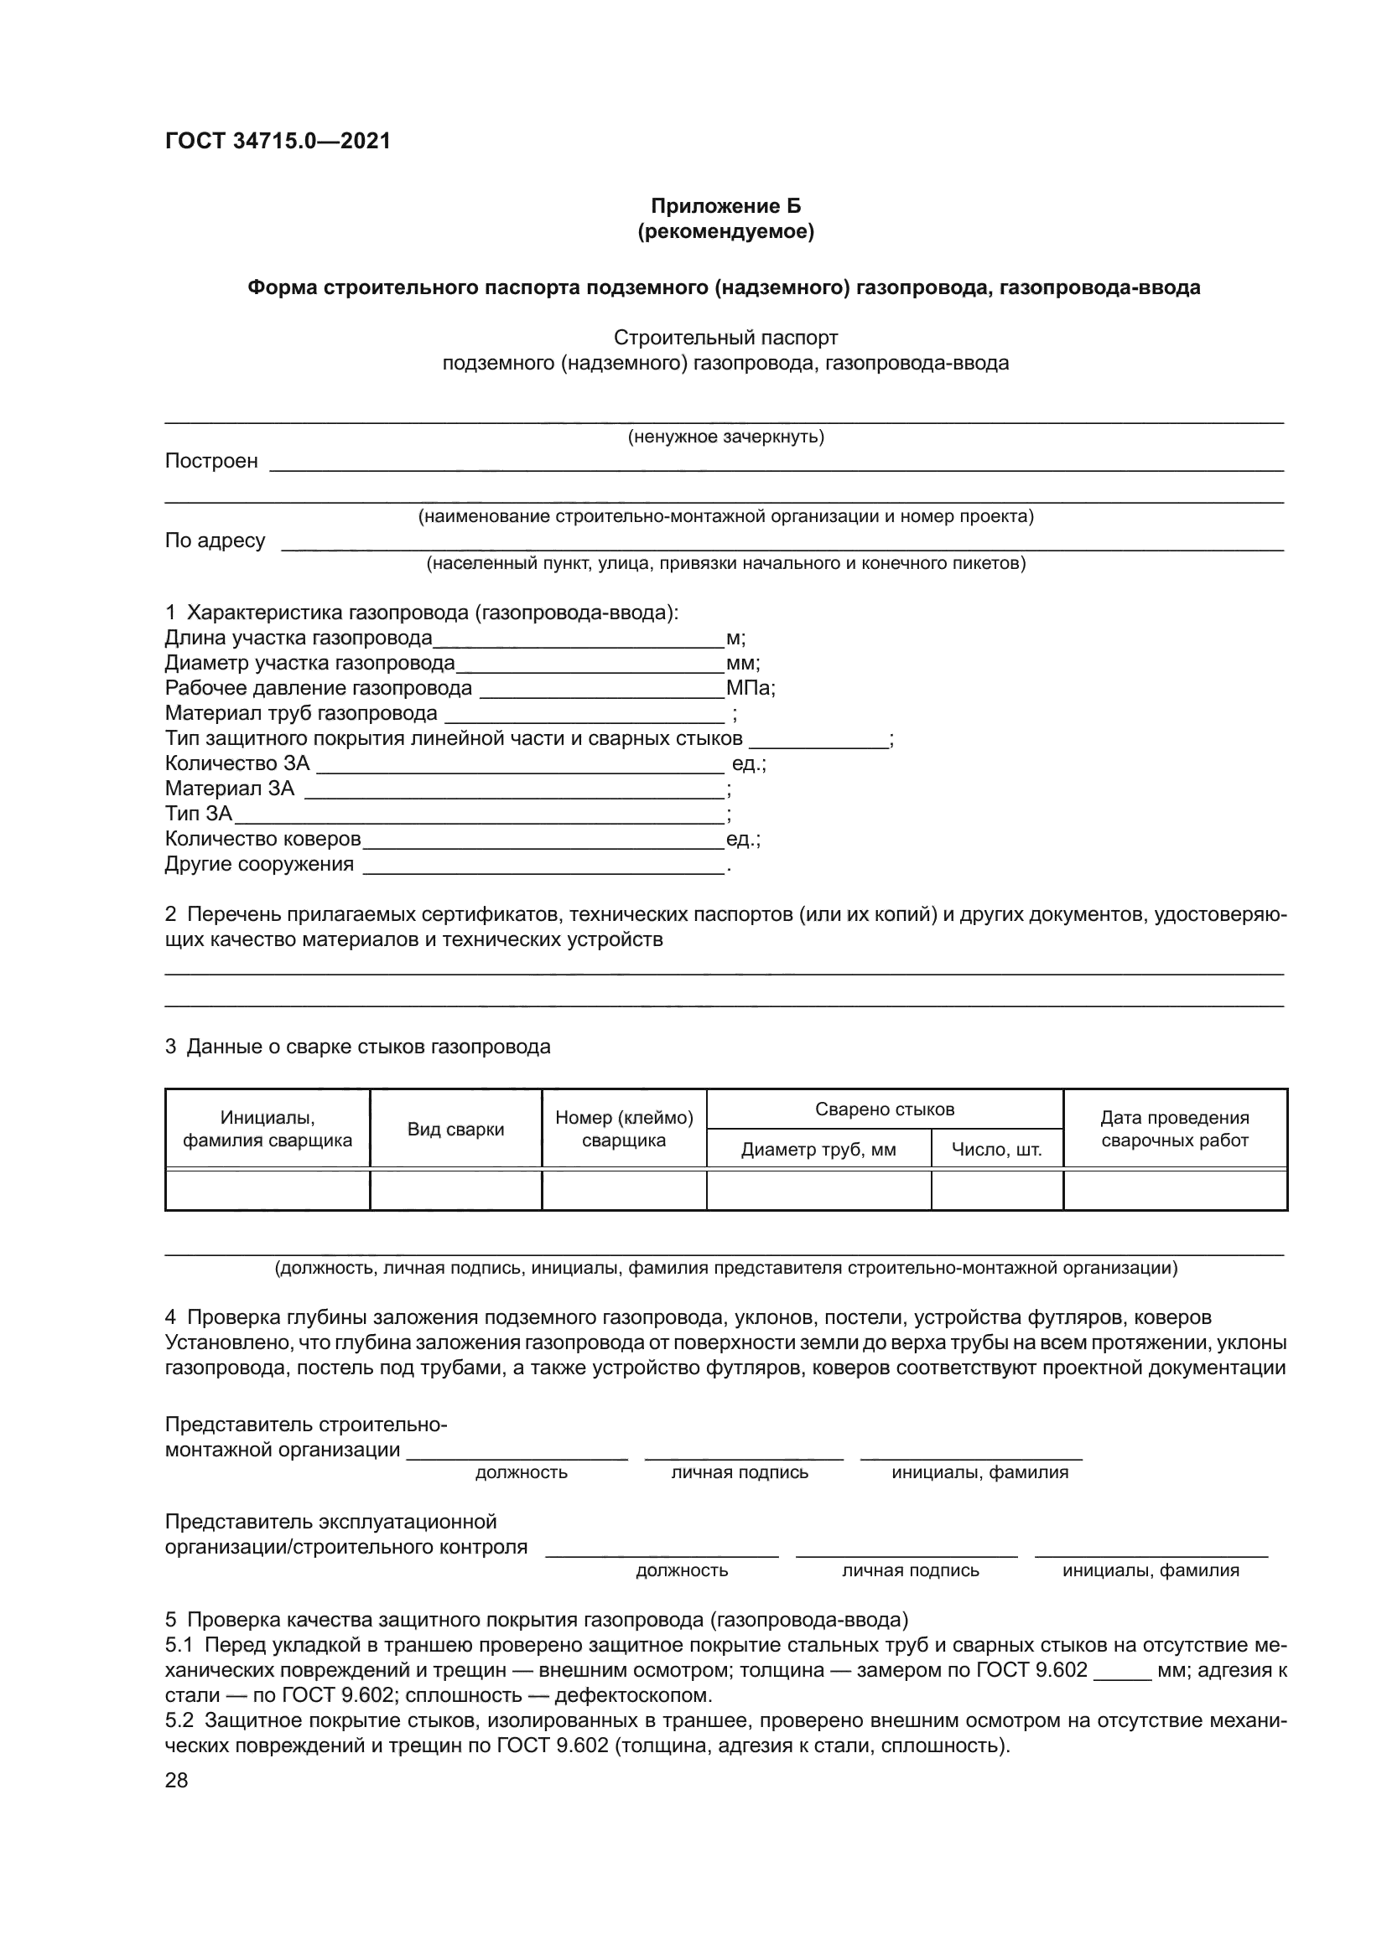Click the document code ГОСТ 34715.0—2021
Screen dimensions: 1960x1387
click(x=278, y=141)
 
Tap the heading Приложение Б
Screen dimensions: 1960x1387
click(x=726, y=206)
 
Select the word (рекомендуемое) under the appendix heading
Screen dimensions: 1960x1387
click(x=726, y=231)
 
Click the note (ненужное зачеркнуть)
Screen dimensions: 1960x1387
click(x=726, y=437)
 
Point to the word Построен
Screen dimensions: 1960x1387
click(x=211, y=461)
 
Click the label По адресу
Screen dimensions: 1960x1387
click(x=216, y=540)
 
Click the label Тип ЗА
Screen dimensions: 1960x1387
click(x=198, y=814)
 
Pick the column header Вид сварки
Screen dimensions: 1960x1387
click(x=455, y=1130)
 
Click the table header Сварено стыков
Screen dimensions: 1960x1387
click(x=885, y=1109)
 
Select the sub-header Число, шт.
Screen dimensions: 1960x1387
click(x=997, y=1149)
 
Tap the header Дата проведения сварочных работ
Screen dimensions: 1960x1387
click(x=1174, y=1129)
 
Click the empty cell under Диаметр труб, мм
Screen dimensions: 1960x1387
click(x=818, y=1190)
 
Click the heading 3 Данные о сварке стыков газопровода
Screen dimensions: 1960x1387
click(x=358, y=1047)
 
